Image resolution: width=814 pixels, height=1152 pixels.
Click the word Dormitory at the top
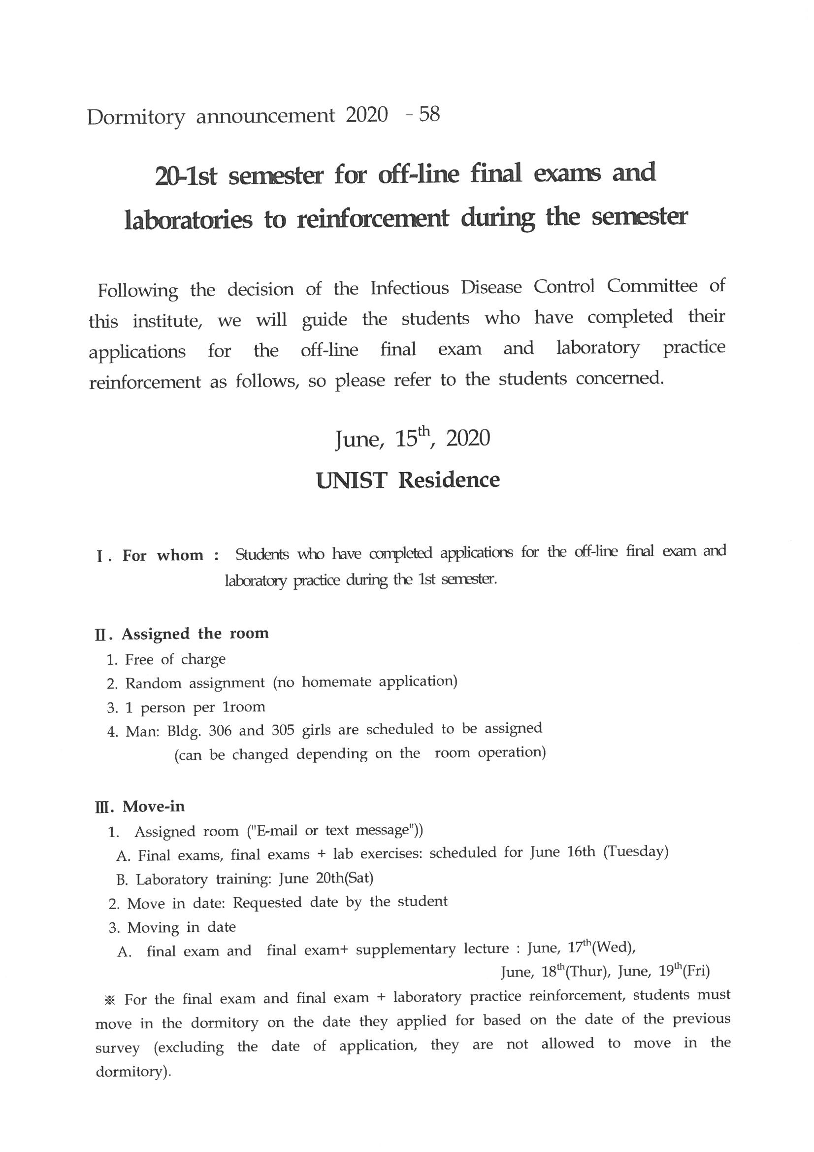pyautogui.click(x=136, y=117)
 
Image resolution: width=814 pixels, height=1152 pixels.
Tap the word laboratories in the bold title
pyautogui.click(x=188, y=220)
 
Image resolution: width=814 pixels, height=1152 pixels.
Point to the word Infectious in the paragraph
pyautogui.click(x=410, y=288)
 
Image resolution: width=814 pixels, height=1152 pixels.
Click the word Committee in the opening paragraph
pyautogui.click(x=652, y=286)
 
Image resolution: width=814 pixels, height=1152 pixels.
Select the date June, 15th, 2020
pyautogui.click(x=412, y=439)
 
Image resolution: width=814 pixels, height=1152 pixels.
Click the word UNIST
pyautogui.click(x=351, y=480)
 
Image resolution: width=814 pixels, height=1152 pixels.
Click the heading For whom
pyautogui.click(x=163, y=555)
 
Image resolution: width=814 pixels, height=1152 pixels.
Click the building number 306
pyautogui.click(x=220, y=731)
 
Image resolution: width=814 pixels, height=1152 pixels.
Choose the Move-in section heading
pyautogui.click(x=154, y=806)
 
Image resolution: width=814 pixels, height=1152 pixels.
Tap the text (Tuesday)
pyautogui.click(x=635, y=852)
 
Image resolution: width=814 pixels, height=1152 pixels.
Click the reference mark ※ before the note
pyautogui.click(x=110, y=999)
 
